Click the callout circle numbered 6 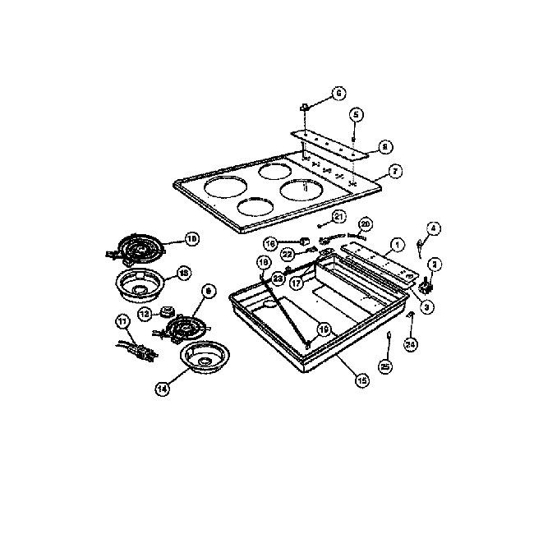[338, 94]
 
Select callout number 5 [356, 113]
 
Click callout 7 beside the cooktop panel [395, 173]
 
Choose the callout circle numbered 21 [338, 216]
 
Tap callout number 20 [366, 223]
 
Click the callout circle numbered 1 [396, 244]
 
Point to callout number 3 [427, 306]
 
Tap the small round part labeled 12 [169, 312]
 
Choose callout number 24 [411, 344]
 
